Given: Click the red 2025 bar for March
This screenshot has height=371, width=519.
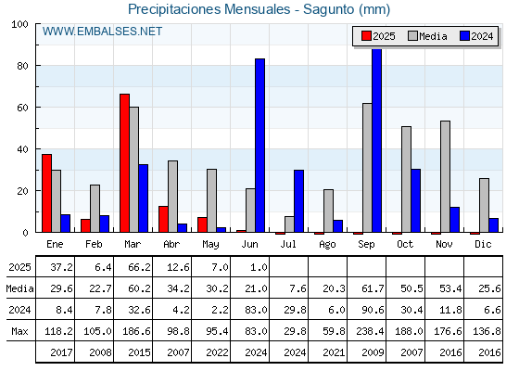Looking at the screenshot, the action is pos(124,163).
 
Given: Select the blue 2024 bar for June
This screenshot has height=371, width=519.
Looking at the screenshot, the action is pos(259,146).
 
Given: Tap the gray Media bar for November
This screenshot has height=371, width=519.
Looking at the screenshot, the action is pos(445,176).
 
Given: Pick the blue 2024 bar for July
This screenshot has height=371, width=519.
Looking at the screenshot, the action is pos(298,201).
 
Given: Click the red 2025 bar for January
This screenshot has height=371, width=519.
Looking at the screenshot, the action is pos(46,193).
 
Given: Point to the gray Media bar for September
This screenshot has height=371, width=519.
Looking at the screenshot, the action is pos(367,168).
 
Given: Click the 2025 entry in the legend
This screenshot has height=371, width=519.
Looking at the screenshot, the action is pos(378,36).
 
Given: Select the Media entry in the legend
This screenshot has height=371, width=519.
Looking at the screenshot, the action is pos(427,36).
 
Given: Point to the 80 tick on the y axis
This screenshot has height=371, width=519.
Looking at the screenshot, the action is pos(22,66).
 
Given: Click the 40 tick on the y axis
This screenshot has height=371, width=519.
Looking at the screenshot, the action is pos(22,149).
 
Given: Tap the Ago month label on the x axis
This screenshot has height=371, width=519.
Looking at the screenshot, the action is pos(327,245).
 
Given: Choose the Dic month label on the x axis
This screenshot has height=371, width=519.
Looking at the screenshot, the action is pos(483,244).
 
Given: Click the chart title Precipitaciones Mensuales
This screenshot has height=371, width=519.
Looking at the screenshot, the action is pos(209,9).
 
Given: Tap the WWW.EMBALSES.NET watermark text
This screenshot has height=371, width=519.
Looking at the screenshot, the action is pos(102,32).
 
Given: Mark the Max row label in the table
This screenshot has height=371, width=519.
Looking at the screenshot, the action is pos(19,331).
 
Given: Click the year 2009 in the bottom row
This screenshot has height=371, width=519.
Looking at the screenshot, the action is pos(373,352).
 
